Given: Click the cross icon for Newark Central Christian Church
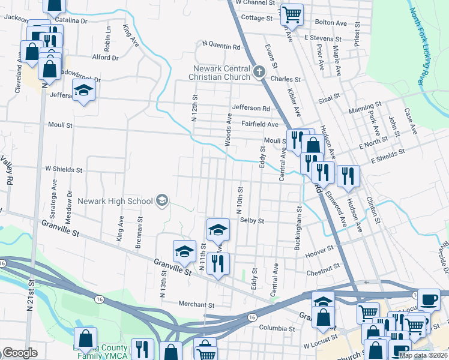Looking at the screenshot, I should (x=259, y=73).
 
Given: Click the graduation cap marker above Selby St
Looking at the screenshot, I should (x=218, y=229).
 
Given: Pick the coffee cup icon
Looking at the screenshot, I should (x=429, y=299).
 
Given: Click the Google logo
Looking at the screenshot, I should (x=20, y=353).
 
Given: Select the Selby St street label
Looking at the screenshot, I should (x=252, y=221).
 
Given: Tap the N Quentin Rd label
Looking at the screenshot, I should (x=221, y=45).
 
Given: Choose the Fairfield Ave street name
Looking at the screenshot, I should (x=259, y=124).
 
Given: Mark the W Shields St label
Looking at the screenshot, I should (x=63, y=169).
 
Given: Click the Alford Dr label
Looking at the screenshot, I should (x=106, y=58).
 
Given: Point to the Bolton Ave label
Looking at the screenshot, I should (x=331, y=23).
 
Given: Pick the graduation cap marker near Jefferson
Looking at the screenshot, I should (x=84, y=92).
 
